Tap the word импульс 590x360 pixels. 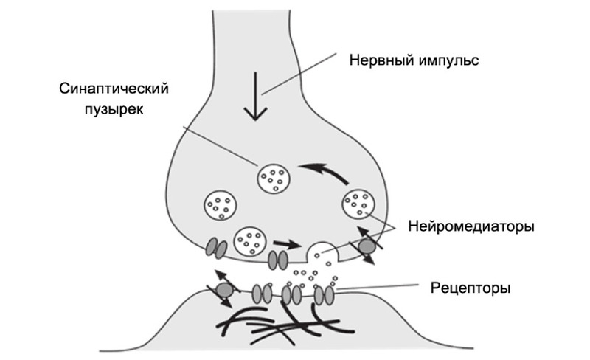point(448,59)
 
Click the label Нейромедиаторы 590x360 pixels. point(471,226)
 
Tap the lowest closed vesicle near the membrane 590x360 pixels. point(250,240)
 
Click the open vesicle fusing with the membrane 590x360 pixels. point(322,253)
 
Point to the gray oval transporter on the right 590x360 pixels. point(367,246)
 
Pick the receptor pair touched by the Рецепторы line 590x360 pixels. point(324,294)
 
